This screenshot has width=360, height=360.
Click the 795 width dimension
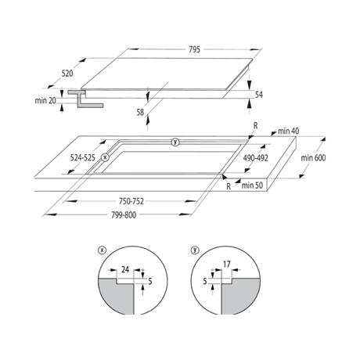tap(194, 49)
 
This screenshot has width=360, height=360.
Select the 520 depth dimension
tap(67, 74)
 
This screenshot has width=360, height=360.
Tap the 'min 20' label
tap(45, 100)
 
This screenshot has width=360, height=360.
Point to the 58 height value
tap(140, 112)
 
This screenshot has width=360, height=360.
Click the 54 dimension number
tap(258, 95)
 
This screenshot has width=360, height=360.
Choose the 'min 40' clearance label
tap(289, 131)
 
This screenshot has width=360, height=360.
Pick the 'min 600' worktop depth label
tap(313, 158)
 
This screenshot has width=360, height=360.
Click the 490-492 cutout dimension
tap(255, 158)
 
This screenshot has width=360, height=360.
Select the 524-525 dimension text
tap(83, 157)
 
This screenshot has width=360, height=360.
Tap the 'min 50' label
tap(252, 185)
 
